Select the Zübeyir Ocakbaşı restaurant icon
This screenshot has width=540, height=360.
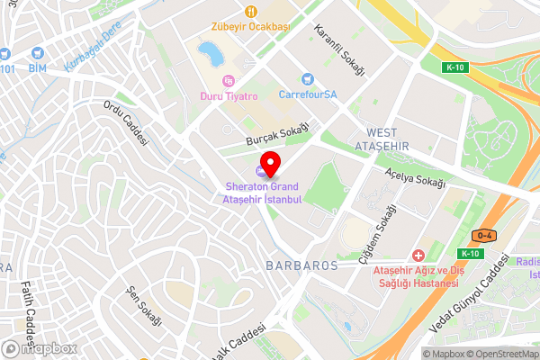251,12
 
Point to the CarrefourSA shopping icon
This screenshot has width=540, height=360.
307,79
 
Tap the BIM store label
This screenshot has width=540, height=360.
37,67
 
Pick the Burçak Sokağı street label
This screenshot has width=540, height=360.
278,136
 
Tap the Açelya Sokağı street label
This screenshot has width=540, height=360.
415,176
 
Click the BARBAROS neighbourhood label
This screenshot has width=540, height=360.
301,265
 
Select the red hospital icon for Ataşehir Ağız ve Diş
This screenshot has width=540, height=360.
416,256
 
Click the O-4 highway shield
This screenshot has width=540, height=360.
484,236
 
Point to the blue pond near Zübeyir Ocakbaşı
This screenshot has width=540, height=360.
211,53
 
